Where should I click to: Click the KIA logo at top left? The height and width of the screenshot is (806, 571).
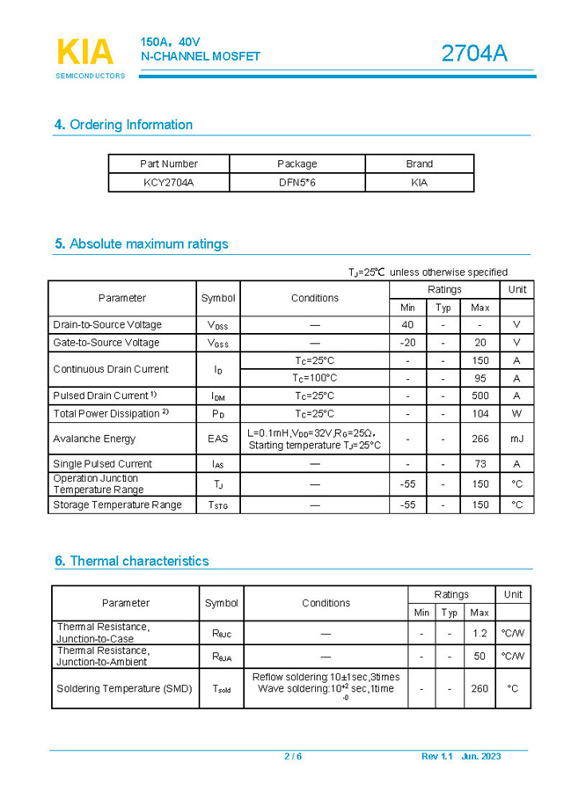(x=85, y=53)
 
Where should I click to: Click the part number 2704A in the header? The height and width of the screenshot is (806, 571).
(x=474, y=54)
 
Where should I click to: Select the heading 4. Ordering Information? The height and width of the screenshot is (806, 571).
(x=123, y=125)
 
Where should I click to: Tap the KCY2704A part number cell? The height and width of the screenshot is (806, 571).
(x=169, y=183)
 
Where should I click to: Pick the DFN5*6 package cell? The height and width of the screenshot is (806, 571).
(x=296, y=183)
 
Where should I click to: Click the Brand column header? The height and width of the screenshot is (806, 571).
(x=419, y=163)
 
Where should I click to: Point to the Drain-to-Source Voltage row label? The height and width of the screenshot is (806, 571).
(x=107, y=325)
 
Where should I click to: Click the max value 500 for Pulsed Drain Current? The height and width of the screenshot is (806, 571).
(x=479, y=396)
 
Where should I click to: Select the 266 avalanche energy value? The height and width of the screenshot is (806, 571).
(x=479, y=439)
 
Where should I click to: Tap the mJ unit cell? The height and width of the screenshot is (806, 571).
(x=516, y=439)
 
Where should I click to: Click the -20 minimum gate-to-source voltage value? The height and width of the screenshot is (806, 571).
(x=407, y=343)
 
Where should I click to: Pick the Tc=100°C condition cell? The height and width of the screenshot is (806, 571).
(x=314, y=378)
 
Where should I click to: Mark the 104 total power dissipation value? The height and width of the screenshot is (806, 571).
(x=479, y=414)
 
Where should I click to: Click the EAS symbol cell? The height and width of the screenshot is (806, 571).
(x=218, y=439)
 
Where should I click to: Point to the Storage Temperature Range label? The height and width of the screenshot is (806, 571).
(x=117, y=505)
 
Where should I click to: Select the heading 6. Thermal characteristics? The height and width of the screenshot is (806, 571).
(x=131, y=561)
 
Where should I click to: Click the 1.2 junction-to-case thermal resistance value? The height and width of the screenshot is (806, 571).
(x=479, y=633)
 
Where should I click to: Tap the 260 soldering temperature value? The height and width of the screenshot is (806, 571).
(x=479, y=689)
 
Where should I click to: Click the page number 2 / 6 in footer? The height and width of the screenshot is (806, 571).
(x=293, y=757)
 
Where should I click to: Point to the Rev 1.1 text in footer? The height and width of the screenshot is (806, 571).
(x=436, y=757)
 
